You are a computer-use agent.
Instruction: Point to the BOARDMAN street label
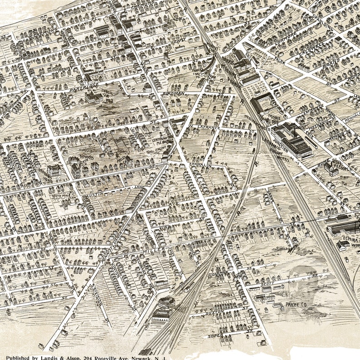174,94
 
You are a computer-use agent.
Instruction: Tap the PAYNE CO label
294,304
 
